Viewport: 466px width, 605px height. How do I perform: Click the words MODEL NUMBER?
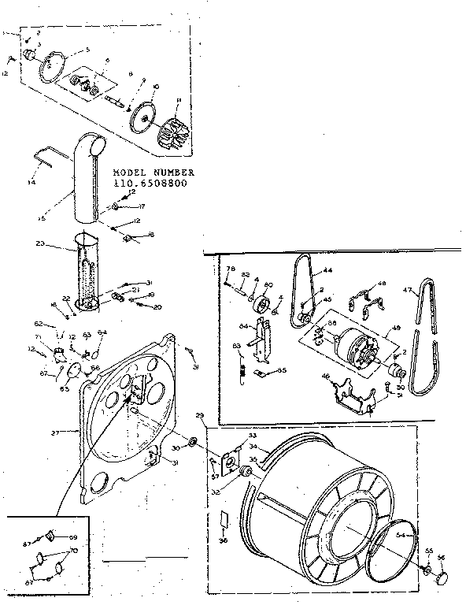[x=152, y=172]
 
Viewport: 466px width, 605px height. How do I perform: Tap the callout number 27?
[x=54, y=431]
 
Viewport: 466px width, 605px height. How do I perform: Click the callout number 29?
[x=200, y=415]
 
